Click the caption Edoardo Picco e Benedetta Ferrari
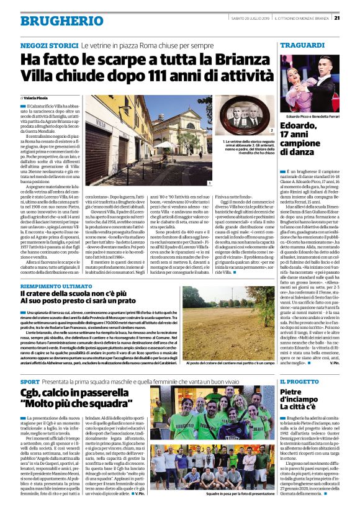tap(307, 117)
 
